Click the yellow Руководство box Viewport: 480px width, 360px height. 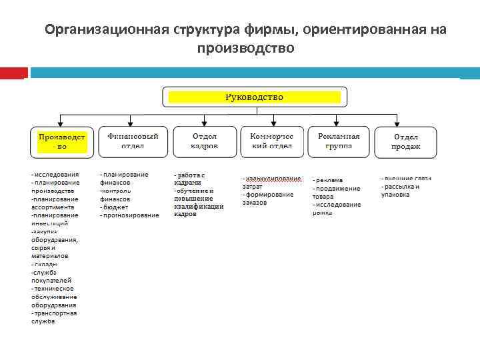[254, 97]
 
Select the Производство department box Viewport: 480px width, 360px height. [62, 141]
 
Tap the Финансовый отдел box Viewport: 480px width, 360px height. [133, 141]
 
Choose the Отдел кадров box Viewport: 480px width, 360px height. [204, 141]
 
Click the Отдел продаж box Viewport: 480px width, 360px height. [406, 141]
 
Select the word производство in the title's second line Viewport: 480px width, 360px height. [245, 49]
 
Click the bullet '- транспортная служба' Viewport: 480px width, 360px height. [54, 317]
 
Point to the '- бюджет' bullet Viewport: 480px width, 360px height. [115, 207]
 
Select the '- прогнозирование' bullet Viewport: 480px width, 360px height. [130, 215]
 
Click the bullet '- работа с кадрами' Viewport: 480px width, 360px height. [189, 179]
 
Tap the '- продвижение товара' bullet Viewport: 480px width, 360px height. [336, 193]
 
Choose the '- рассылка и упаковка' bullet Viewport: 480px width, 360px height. [401, 191]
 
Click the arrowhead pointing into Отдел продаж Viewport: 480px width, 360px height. [406, 123]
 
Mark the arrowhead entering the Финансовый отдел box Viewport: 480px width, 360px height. [133, 123]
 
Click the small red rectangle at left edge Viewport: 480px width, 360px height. [13, 73]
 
